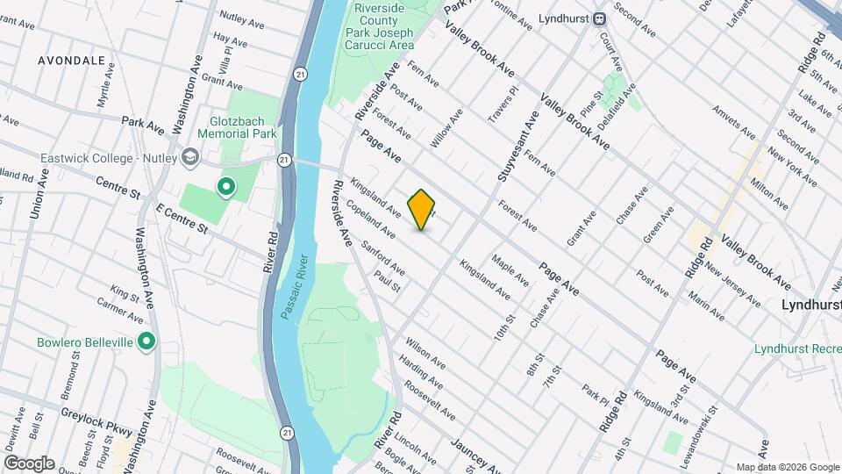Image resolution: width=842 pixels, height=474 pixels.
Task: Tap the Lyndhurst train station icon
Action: [600, 18]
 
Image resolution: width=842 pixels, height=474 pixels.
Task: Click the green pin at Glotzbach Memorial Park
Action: [225, 186]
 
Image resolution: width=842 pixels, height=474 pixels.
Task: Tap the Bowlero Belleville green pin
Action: [146, 341]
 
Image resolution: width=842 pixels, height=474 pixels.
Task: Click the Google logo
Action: [29, 463]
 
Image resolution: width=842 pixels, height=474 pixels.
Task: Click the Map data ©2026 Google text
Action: [788, 467]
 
